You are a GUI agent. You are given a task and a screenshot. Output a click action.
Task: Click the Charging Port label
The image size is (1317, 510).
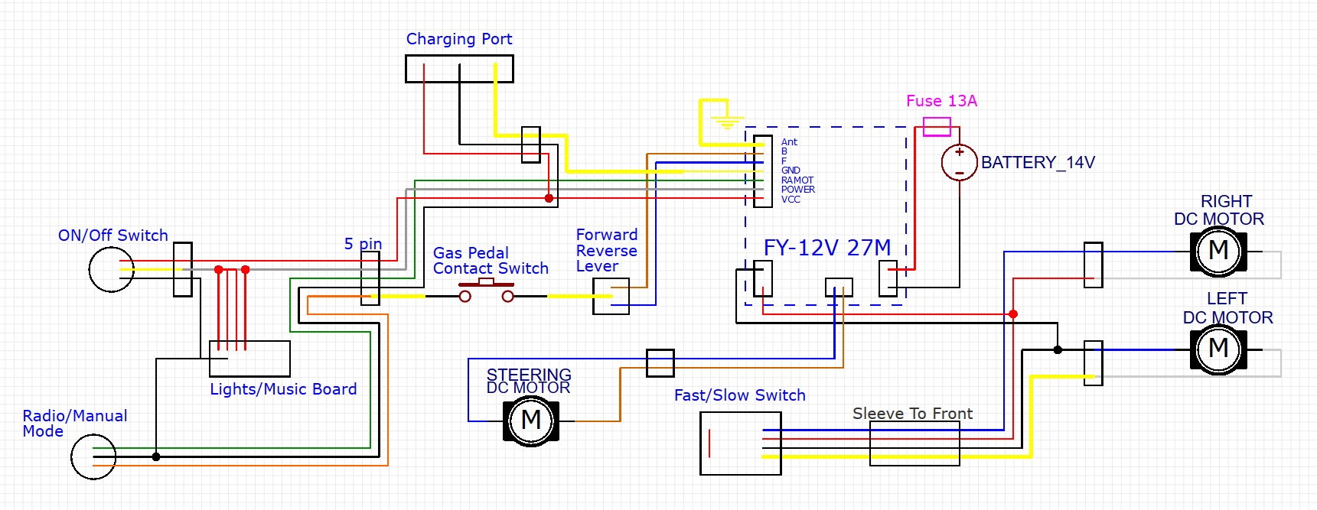click(x=459, y=39)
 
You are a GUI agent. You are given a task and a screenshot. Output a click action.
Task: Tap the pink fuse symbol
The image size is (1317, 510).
click(x=937, y=126)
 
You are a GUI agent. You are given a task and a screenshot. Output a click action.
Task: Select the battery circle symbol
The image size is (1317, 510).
click(x=959, y=162)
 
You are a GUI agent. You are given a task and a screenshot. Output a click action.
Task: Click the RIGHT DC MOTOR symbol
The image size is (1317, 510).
click(x=1218, y=251)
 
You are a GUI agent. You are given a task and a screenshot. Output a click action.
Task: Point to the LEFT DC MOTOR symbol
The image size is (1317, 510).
click(x=1218, y=349)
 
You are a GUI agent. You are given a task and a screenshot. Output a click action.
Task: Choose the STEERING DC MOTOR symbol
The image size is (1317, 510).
click(x=531, y=420)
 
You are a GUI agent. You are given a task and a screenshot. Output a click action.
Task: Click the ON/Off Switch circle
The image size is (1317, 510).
click(x=112, y=269)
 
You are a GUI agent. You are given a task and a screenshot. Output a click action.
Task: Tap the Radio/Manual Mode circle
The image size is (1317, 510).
click(x=93, y=456)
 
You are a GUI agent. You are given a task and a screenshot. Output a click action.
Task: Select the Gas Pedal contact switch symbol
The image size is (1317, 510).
click(x=486, y=291)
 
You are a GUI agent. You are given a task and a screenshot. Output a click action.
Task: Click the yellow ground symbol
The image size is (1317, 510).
click(x=726, y=121)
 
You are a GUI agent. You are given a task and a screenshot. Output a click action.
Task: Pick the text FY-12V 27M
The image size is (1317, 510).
click(x=827, y=248)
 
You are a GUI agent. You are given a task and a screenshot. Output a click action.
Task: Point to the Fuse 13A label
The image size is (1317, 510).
click(x=941, y=101)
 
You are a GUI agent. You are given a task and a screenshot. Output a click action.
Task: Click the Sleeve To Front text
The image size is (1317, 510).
click(x=912, y=414)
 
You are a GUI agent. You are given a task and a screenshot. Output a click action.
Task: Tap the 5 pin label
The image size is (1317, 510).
click(x=363, y=244)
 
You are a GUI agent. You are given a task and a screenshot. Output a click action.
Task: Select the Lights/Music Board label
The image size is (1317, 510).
click(x=283, y=389)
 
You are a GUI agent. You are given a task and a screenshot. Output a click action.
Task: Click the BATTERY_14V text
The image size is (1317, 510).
click(x=1038, y=162)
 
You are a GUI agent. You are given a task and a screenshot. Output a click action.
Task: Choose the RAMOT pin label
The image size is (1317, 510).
click(x=797, y=180)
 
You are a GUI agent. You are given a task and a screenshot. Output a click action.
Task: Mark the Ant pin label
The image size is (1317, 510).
click(x=789, y=142)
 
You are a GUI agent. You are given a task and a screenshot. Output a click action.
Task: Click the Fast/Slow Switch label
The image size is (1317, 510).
click(x=739, y=395)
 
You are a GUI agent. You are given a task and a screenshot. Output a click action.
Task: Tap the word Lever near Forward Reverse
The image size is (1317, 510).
click(x=597, y=266)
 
